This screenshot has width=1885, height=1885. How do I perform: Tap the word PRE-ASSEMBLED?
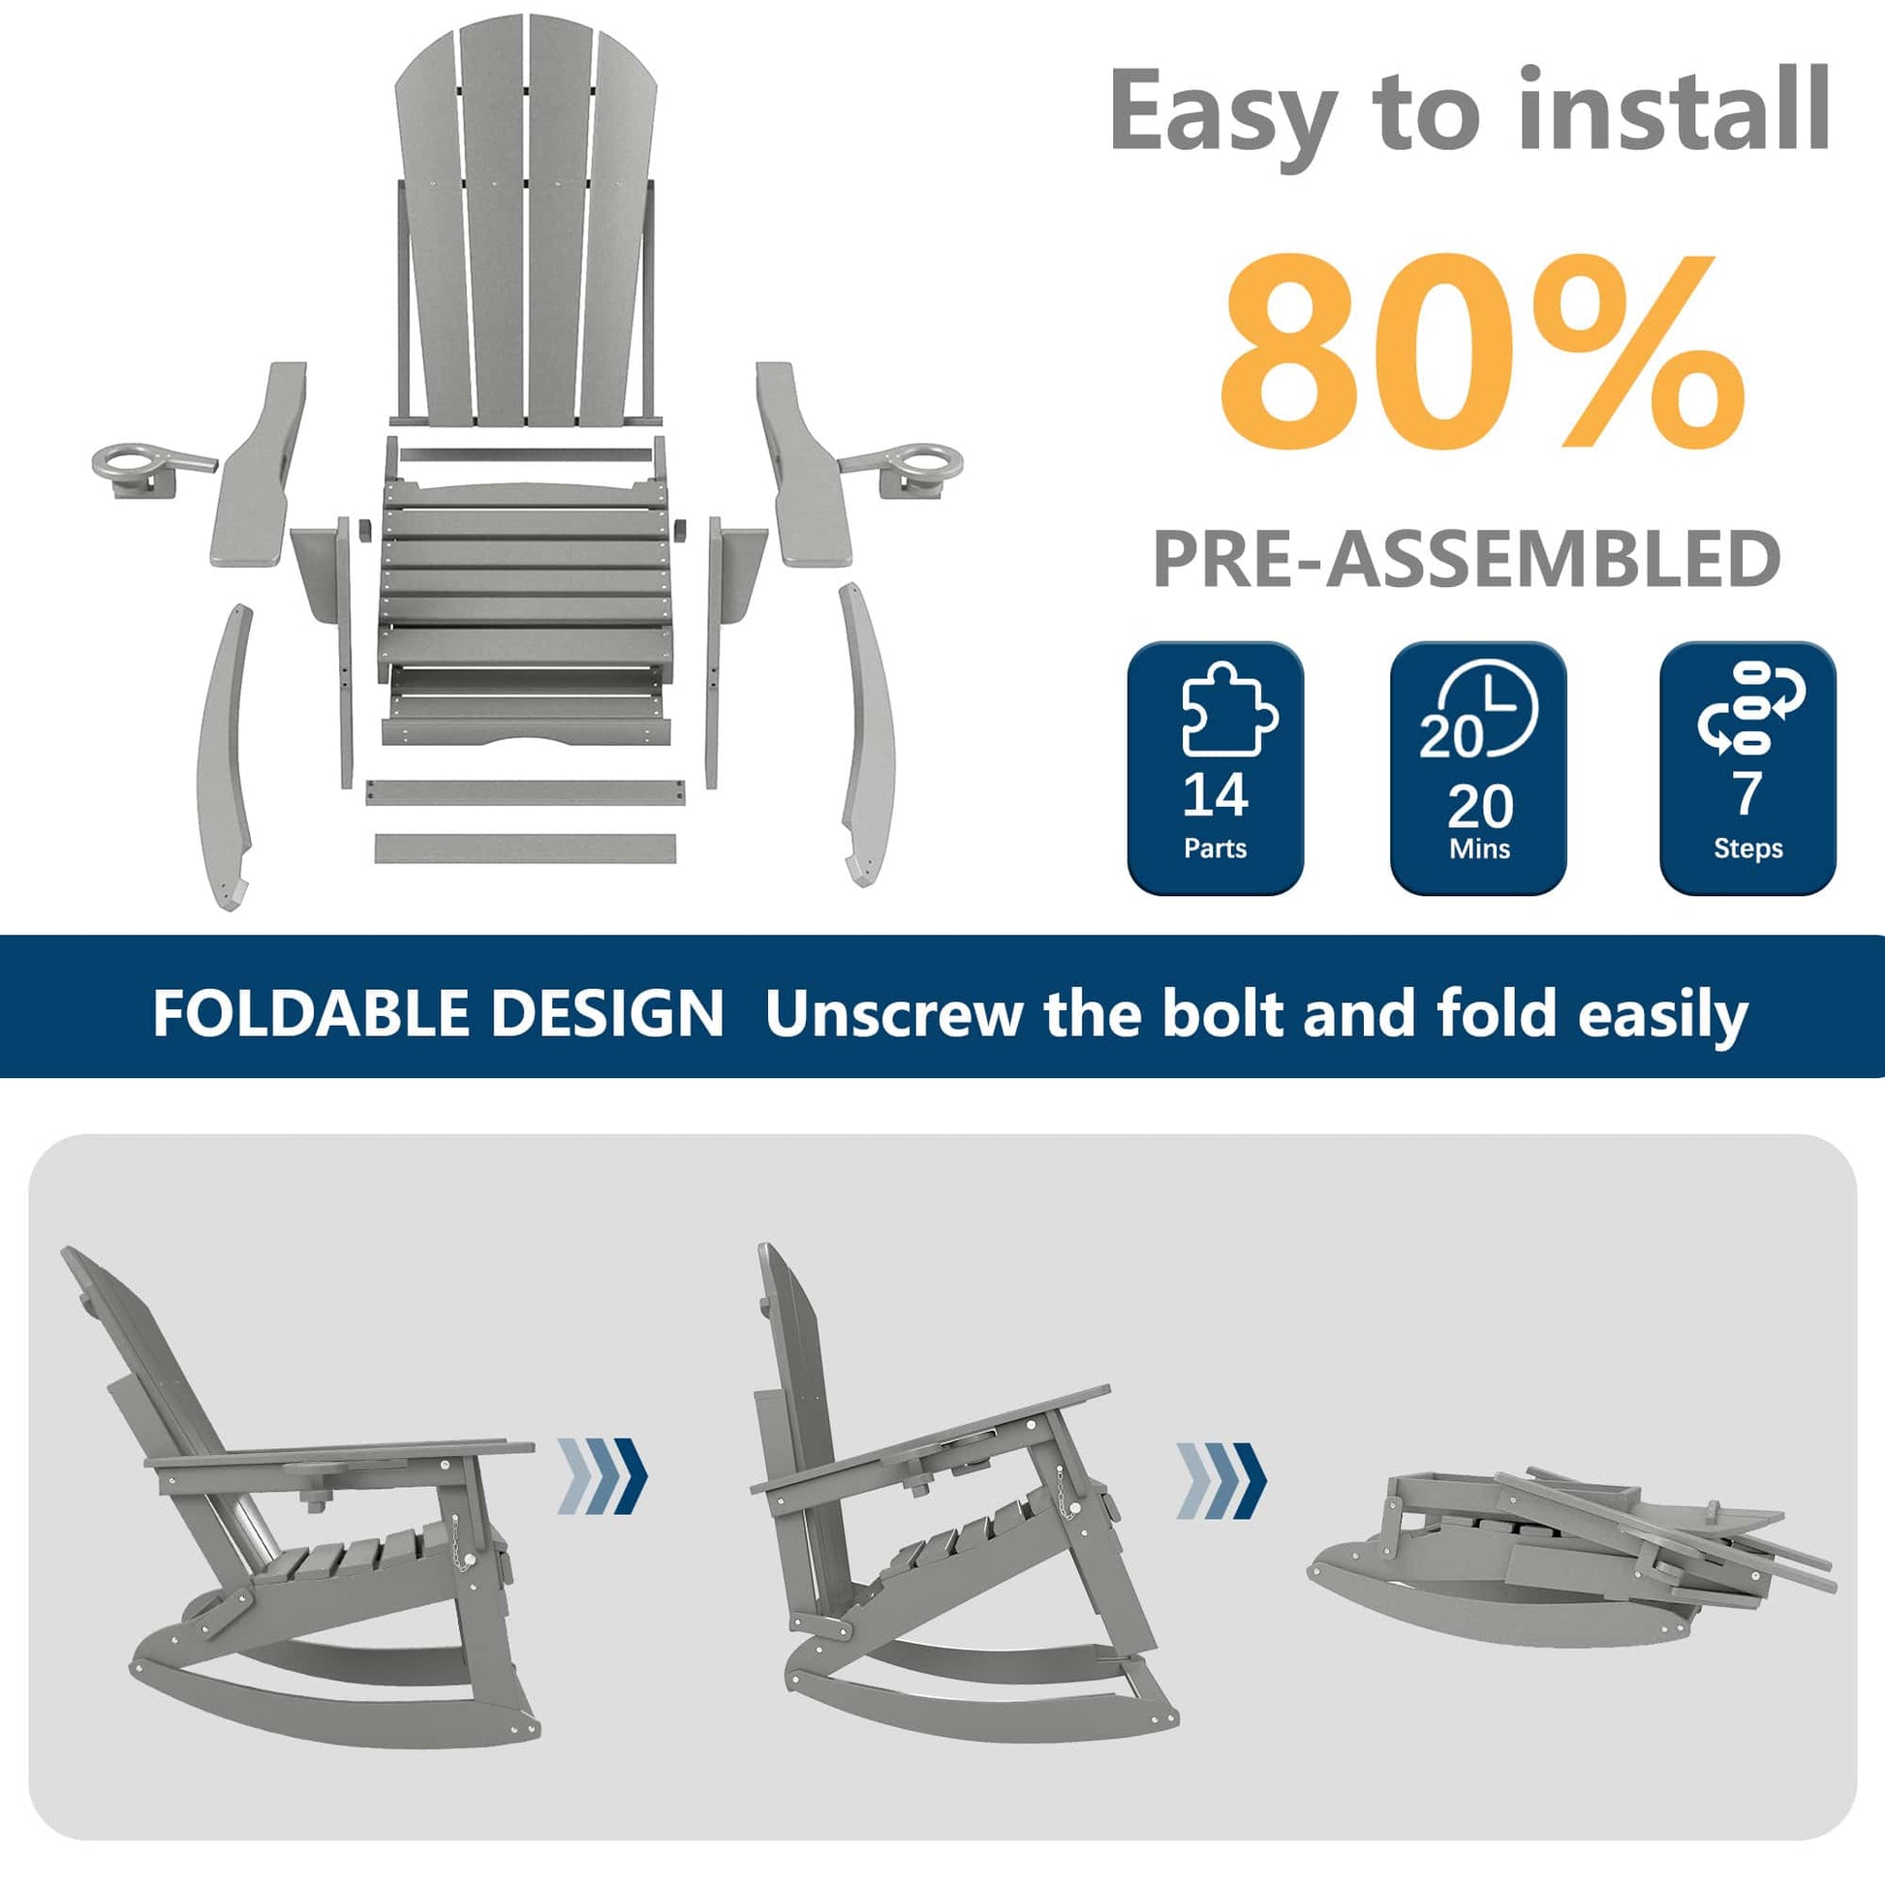point(1467,559)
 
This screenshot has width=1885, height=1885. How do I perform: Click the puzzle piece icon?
point(1228,709)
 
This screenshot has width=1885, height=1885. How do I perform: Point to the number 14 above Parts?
point(1215,795)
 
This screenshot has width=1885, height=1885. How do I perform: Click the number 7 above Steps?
point(1746,794)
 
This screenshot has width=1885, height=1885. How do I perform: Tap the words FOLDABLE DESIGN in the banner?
point(438,1014)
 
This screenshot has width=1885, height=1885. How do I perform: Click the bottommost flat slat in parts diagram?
point(525,847)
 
